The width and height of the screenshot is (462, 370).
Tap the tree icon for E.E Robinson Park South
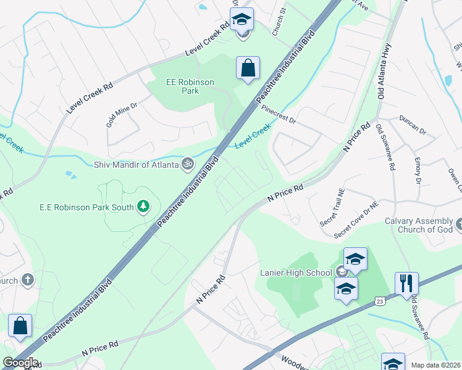click(x=144, y=206)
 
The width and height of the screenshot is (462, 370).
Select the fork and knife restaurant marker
click(x=406, y=284)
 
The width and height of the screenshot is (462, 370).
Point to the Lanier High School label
click(x=296, y=271)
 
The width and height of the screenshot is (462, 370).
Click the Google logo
click(x=20, y=363)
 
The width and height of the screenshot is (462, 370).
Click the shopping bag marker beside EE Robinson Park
click(x=248, y=69)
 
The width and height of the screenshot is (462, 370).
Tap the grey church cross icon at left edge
click(x=27, y=279)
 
